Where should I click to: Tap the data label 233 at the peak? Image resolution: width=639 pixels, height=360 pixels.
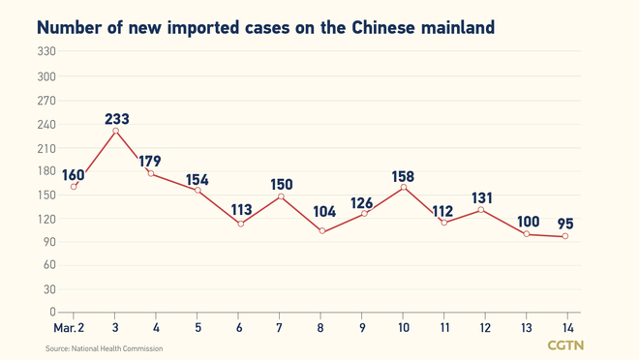[x=116, y=119]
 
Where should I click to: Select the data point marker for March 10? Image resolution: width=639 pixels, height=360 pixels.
[x=404, y=187]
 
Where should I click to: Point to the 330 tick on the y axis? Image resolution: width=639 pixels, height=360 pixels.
[x=46, y=51]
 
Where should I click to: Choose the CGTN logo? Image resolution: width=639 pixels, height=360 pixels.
[x=565, y=345]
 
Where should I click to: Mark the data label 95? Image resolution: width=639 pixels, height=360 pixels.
[x=565, y=224]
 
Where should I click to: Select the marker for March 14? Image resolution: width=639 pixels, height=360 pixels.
[x=565, y=236]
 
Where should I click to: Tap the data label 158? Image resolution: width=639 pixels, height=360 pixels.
[x=404, y=175]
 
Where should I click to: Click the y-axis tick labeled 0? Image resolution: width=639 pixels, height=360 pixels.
[x=52, y=313]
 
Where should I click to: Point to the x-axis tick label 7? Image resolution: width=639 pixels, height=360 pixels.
[x=280, y=328]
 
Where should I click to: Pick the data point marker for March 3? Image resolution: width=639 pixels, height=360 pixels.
[x=115, y=131]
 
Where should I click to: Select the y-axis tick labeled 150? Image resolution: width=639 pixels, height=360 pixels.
[x=46, y=195]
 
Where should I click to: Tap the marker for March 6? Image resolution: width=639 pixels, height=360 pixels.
[x=240, y=224]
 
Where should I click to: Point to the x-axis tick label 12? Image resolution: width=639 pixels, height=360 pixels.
[x=485, y=328]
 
